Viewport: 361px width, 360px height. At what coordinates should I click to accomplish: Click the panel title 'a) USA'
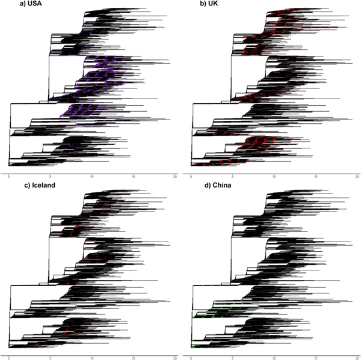31,5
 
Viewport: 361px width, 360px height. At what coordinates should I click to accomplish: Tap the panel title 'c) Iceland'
36,185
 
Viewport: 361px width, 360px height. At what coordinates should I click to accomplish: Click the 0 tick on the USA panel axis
9,177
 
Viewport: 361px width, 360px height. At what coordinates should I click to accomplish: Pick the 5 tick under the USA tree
51,177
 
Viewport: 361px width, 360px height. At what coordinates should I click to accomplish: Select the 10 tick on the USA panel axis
92,177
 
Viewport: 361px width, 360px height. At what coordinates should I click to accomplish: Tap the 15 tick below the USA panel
134,177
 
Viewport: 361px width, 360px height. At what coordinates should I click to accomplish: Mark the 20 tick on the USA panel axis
174,177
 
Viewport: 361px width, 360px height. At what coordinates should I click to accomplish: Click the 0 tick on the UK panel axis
190,177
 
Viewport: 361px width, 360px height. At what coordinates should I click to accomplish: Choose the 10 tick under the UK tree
273,177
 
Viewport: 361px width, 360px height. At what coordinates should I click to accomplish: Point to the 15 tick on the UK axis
315,177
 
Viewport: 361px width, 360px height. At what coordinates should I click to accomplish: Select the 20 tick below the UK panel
356,177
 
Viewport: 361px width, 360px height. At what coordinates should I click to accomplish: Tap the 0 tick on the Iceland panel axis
9,357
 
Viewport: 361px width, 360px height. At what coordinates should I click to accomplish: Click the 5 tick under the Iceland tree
51,357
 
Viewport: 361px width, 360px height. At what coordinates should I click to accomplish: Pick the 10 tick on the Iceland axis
92,357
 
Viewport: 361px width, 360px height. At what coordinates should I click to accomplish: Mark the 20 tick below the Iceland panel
174,357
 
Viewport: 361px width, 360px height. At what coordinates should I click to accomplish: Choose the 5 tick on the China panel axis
232,357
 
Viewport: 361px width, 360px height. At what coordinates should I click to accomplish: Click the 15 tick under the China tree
315,357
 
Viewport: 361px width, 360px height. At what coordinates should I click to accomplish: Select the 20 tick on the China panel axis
356,357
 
